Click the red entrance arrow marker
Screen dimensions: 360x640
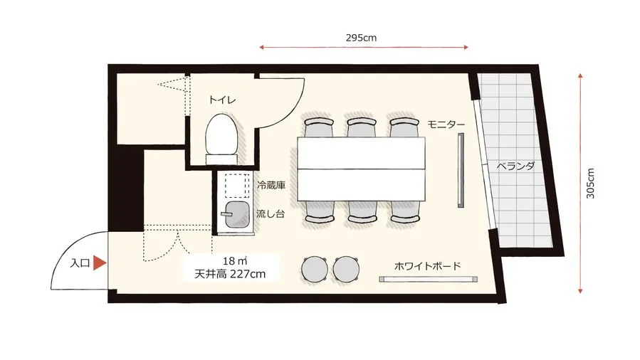point(100,263)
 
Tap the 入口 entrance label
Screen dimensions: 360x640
point(80,263)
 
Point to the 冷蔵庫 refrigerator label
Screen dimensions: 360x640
point(271,185)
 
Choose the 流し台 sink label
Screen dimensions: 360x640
point(271,212)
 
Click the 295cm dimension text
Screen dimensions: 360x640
point(362,38)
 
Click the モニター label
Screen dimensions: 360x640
point(446,125)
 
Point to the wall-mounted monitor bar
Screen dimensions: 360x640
point(461,171)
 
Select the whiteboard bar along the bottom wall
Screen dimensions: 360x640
point(426,280)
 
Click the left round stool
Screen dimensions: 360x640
point(315,269)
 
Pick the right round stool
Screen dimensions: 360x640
point(347,269)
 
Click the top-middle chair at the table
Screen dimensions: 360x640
point(362,127)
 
